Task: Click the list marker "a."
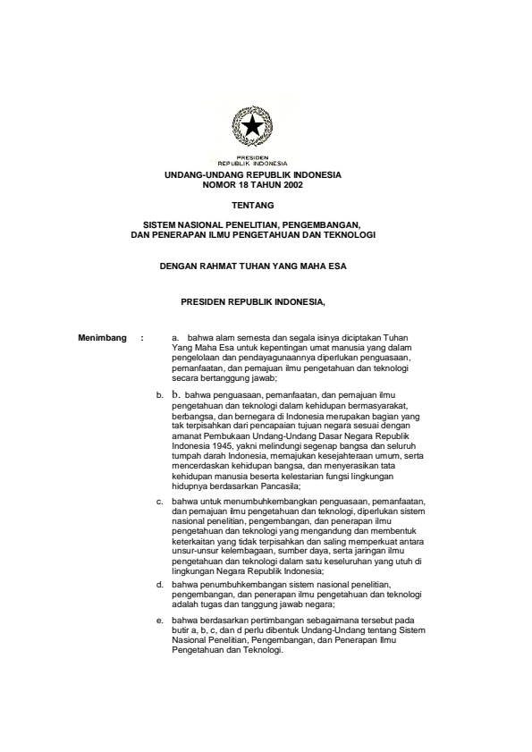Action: pyautogui.click(x=175, y=338)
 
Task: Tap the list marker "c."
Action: pyautogui.click(x=159, y=503)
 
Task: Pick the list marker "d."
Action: pyautogui.click(x=159, y=584)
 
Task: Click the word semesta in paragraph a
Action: pyautogui.click(x=246, y=338)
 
